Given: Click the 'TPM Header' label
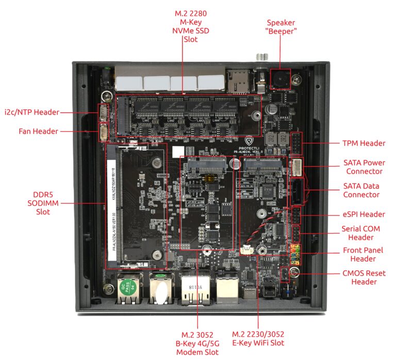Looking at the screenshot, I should pos(364,143).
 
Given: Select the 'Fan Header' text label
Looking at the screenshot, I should pos(38,132).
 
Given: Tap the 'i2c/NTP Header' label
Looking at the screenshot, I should pos(31,112).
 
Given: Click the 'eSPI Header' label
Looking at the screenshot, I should pos(364,214).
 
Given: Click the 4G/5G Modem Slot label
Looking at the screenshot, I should pos(197,342).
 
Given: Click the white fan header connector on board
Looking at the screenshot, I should pos(104,133).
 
